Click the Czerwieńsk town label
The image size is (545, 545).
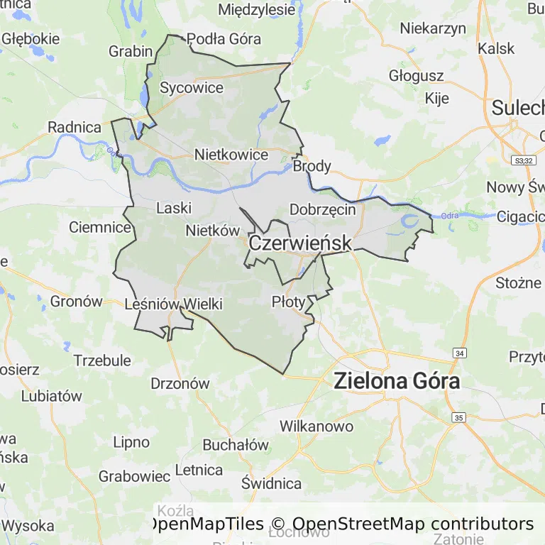[x=299, y=243]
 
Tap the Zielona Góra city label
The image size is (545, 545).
[x=397, y=381]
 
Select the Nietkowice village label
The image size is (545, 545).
[x=231, y=155]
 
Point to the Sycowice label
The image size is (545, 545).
[x=192, y=88]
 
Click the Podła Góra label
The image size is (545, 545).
[x=224, y=39]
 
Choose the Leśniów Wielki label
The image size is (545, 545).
[x=173, y=304]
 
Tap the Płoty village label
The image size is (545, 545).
[x=289, y=302]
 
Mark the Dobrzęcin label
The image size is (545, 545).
[x=323, y=209]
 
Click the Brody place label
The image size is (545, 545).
[x=312, y=166]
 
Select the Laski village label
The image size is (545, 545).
[x=174, y=209]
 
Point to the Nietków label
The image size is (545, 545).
[x=212, y=231]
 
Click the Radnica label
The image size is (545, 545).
[x=75, y=128]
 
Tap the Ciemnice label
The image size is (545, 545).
[x=100, y=228]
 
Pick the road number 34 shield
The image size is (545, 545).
[x=460, y=353]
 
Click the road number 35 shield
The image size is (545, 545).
[x=459, y=417]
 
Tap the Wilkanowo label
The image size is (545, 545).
[x=316, y=426]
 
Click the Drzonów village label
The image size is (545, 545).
[x=180, y=383]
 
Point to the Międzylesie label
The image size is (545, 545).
[x=256, y=10]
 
